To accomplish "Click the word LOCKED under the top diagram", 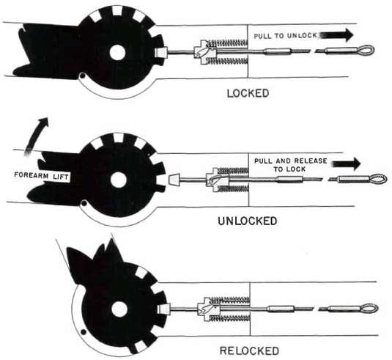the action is coord(248,94).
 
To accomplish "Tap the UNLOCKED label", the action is coord(248,221).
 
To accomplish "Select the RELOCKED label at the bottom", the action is coord(249,350).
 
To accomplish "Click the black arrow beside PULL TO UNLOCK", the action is coord(336,34).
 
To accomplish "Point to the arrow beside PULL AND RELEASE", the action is coord(347,164).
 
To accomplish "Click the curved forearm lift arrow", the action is coord(37,136).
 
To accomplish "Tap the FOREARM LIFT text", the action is coord(41,176).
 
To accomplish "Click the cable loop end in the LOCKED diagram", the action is coord(367,51).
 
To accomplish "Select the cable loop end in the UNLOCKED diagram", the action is coord(379,180).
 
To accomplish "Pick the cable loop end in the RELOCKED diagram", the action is coord(369,308).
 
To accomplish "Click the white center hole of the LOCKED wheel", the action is coord(117,53).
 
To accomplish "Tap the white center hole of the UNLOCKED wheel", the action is coord(118,180).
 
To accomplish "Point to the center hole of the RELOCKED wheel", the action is coord(119,309).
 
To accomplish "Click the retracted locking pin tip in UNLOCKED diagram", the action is coord(174,180).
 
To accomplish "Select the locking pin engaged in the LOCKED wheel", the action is coord(160,52).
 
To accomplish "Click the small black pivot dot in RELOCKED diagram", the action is coord(84,332).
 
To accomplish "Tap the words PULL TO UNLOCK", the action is coord(286,35).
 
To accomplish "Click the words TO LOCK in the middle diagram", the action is coord(289,169).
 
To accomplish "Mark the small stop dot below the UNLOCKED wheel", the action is coord(84,203).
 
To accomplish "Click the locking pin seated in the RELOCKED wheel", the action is coord(163,309).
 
